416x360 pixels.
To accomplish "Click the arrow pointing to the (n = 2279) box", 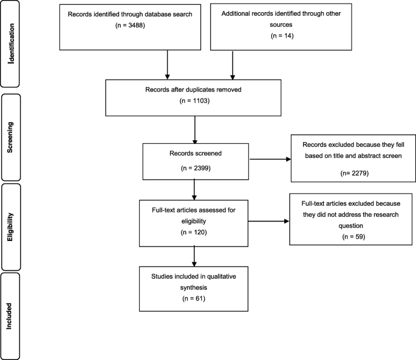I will (270, 159).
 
